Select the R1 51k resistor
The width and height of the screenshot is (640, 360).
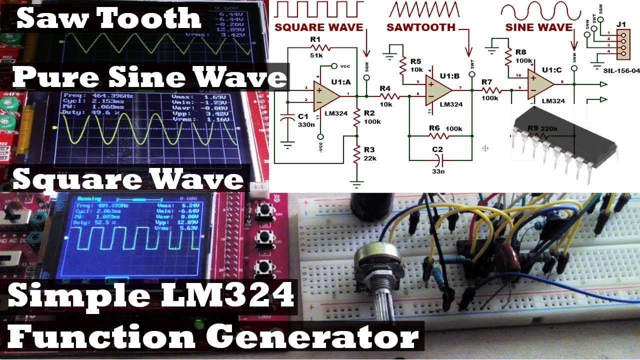point(319,47)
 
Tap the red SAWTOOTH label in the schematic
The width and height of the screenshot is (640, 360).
point(420,27)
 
